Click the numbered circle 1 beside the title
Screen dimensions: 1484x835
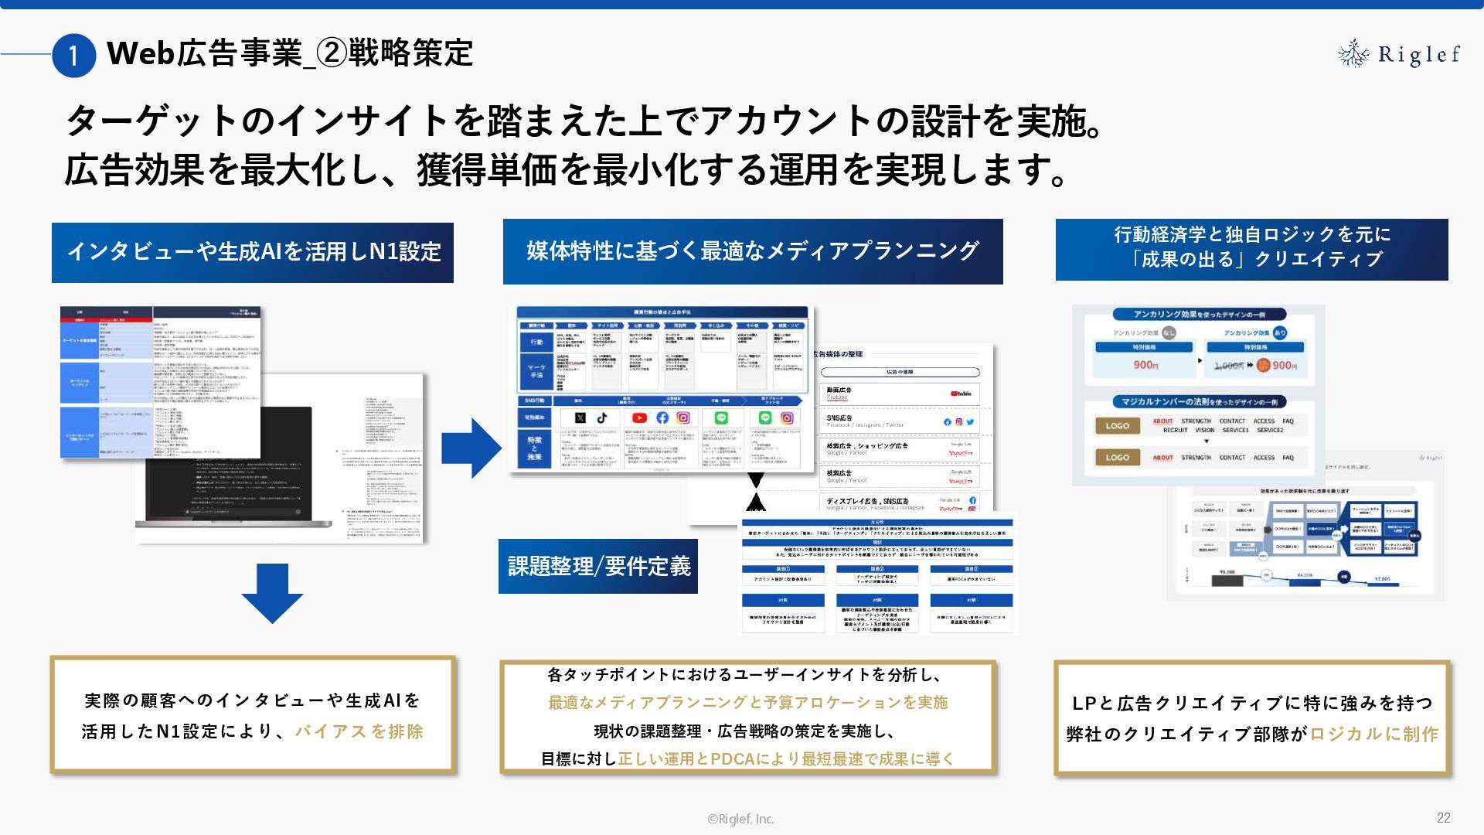(x=73, y=56)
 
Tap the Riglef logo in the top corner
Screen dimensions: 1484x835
(x=1399, y=54)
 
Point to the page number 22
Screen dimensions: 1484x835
(x=1443, y=817)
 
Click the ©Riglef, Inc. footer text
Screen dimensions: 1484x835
(x=740, y=819)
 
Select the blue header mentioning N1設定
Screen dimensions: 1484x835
(x=253, y=252)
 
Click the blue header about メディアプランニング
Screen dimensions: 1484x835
(x=753, y=251)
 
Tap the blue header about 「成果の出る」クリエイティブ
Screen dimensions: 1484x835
(x=1251, y=247)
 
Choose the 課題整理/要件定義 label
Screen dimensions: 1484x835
(x=598, y=566)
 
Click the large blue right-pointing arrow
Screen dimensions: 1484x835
(x=471, y=448)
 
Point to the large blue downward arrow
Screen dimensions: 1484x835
(x=272, y=593)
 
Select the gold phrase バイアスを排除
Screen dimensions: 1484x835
(x=359, y=731)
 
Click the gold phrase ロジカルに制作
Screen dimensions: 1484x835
(x=1373, y=734)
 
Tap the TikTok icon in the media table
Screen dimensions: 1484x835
(x=602, y=417)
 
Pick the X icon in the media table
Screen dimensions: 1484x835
(x=580, y=417)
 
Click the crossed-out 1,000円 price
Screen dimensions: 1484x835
(x=1227, y=366)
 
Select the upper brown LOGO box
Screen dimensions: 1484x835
(x=1117, y=425)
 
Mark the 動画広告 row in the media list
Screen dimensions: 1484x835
(x=899, y=394)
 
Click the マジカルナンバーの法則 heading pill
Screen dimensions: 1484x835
(x=1199, y=402)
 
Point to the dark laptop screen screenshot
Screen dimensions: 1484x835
(x=224, y=464)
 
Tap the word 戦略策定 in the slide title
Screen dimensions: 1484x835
(x=410, y=53)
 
